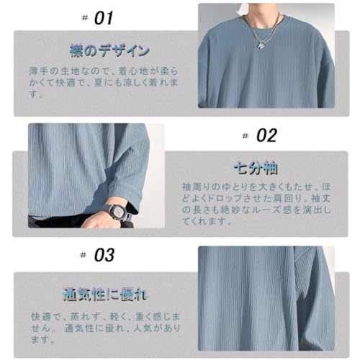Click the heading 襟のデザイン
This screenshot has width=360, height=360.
point(110,50)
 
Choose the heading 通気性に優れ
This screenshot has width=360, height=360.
point(105,294)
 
